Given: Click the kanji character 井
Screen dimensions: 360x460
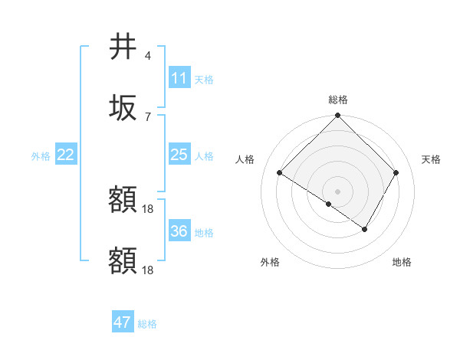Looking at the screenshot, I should (123, 48).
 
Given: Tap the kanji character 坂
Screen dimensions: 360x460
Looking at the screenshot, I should (123, 108).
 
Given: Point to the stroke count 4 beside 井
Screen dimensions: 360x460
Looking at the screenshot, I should (148, 56).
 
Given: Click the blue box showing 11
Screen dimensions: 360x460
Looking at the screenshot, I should (179, 78).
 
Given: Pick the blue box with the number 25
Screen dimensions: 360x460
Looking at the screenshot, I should (179, 155).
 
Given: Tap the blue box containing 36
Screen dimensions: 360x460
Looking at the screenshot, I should (179, 231).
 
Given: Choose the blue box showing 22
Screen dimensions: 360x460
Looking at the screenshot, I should (66, 155).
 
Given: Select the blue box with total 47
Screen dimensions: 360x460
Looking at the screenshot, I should (123, 322).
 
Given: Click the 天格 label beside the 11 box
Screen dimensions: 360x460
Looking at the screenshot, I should (204, 79).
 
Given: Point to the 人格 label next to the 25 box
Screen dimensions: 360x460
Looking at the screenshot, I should (204, 155).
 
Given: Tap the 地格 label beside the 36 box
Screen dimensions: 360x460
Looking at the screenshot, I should (204, 232).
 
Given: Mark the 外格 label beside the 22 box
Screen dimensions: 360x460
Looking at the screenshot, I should (41, 155).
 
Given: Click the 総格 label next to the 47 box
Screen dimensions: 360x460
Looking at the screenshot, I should (147, 323).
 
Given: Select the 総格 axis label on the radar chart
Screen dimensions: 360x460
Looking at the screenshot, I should (337, 100).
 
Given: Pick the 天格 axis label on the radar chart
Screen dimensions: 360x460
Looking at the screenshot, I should (432, 159).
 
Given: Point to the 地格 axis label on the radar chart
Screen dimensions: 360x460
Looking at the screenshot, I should (402, 262).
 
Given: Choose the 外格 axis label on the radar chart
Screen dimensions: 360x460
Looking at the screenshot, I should (270, 262).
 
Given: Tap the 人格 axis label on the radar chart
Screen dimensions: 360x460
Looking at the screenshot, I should (245, 159).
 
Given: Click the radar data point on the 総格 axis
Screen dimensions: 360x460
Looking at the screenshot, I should (337, 116).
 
